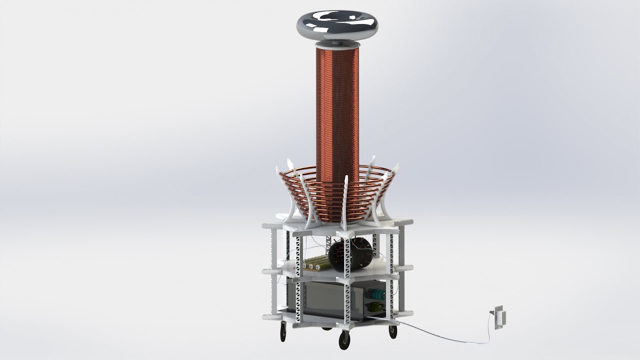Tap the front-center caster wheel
[344, 340]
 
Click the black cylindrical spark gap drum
[351, 254]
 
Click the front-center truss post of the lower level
[346, 300]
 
